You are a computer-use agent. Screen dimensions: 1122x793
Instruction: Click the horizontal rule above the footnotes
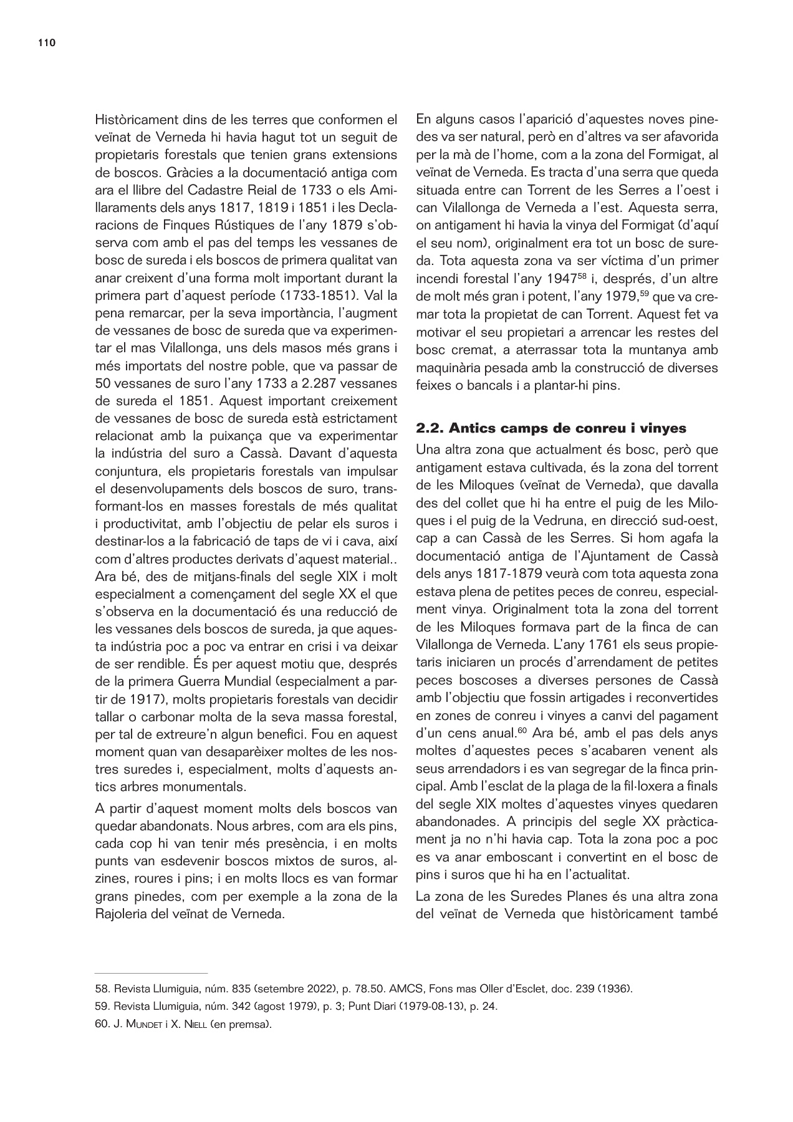[151, 973]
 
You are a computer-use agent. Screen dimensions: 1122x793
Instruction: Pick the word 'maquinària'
[447, 368]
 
